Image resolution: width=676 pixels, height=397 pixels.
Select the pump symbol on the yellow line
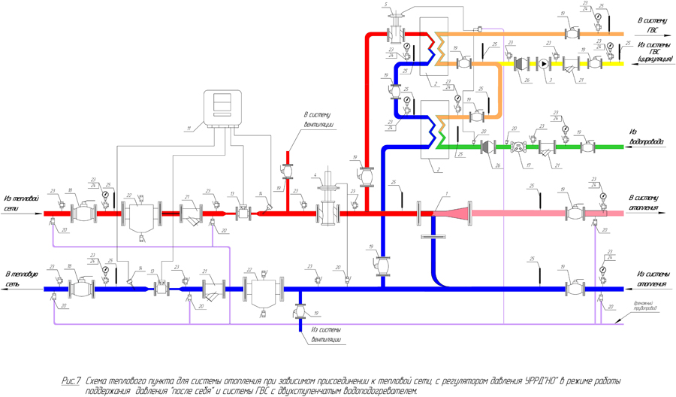tap(546, 64)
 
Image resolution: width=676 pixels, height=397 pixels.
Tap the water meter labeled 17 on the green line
tap(517, 147)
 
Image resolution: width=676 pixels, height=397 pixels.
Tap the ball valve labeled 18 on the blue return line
tap(80, 289)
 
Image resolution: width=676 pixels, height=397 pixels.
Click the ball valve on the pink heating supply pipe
tap(575, 213)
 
